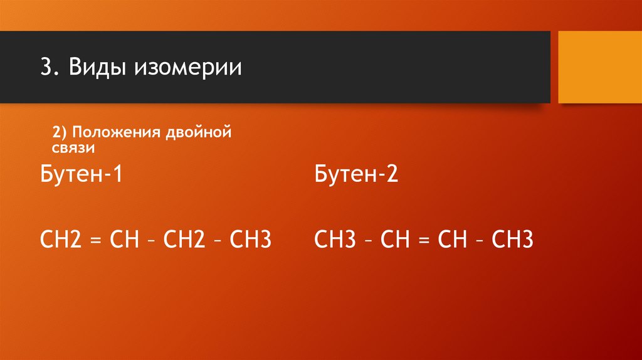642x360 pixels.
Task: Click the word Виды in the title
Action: point(92,67)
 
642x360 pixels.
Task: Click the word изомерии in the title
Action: point(186,67)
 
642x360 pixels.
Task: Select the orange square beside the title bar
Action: point(599,67)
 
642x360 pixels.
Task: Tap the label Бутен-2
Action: point(355,174)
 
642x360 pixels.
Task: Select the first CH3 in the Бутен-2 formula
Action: point(335,240)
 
